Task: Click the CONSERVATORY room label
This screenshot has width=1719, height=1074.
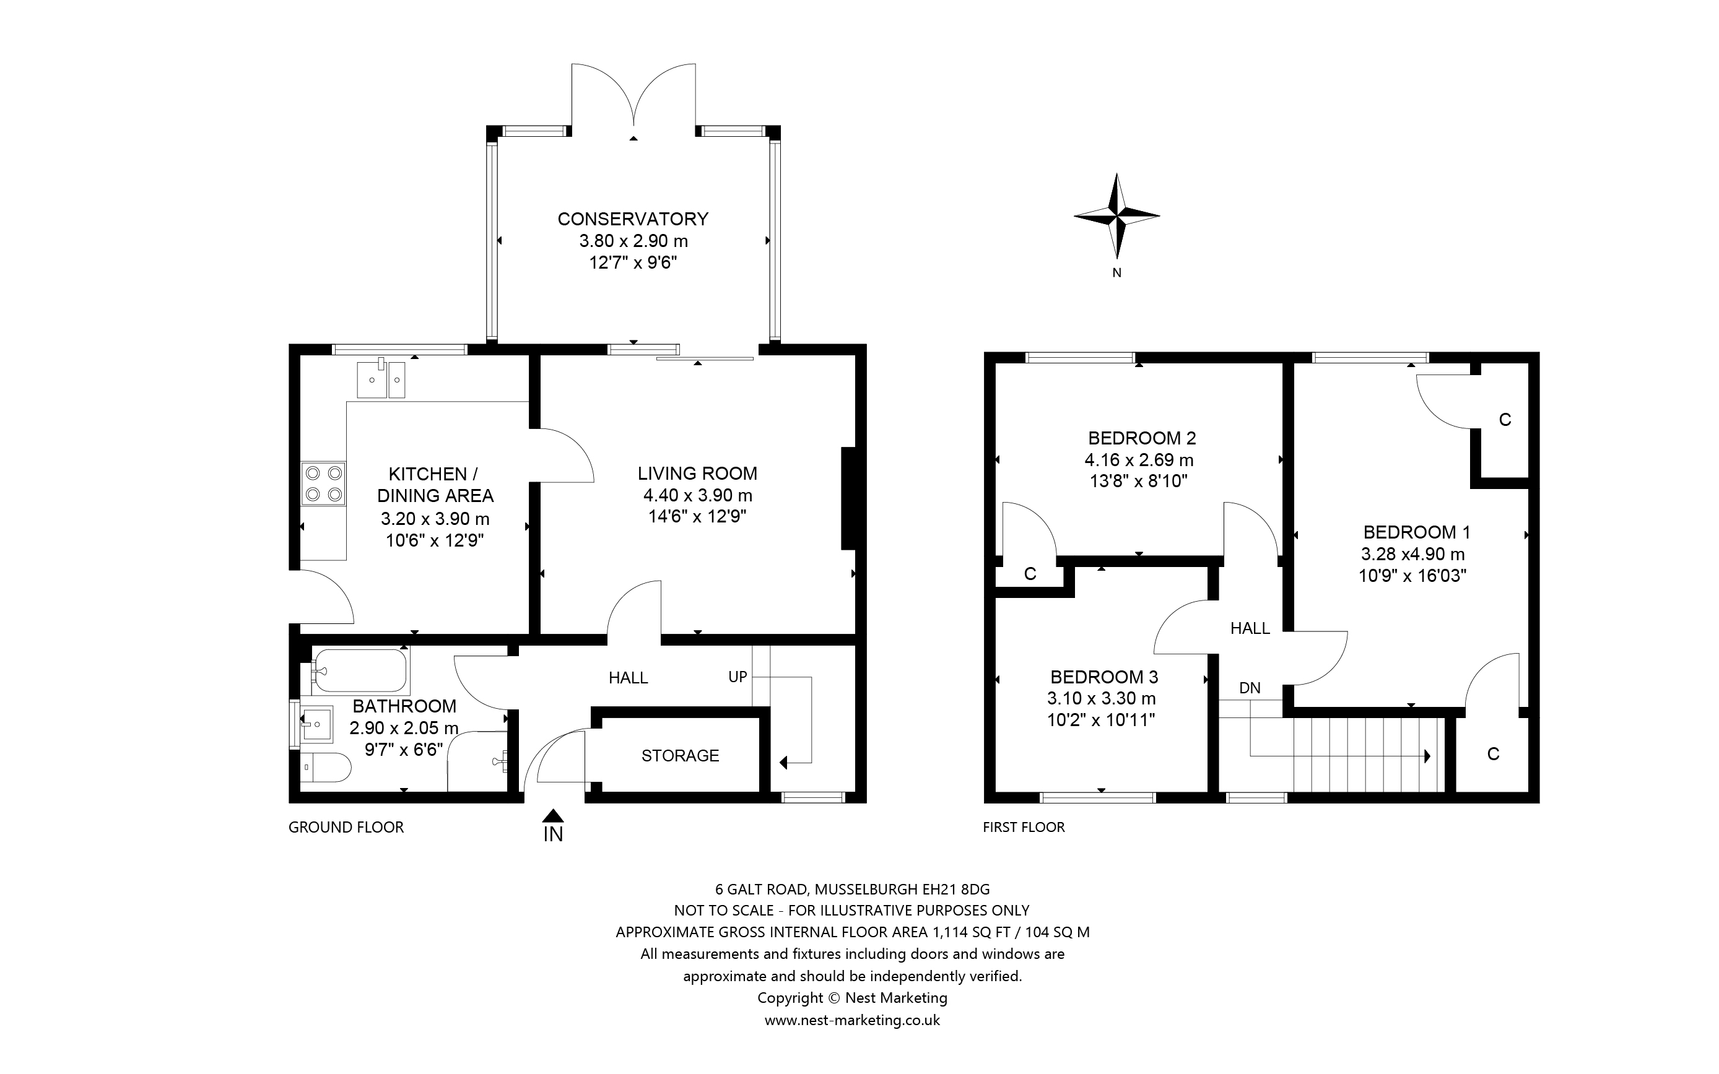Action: coord(633,219)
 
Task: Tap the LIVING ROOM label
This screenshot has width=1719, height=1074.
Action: coord(697,473)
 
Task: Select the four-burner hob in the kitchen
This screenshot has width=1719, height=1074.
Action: coord(323,483)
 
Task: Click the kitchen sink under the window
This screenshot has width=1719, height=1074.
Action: coord(381,379)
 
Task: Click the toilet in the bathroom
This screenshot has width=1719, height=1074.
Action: coord(325,767)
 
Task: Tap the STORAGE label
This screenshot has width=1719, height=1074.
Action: coord(681,756)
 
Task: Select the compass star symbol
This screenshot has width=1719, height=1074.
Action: coord(1116,215)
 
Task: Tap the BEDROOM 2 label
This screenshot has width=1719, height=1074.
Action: coord(1142,438)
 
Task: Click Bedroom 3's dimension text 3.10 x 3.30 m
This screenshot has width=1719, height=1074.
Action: coord(1102,698)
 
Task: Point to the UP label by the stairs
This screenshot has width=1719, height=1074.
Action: coord(738,677)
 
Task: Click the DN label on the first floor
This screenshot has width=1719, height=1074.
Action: coord(1250,688)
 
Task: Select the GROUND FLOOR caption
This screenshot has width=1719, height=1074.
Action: coord(346,827)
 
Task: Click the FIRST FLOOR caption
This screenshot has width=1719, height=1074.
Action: coord(1024,827)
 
